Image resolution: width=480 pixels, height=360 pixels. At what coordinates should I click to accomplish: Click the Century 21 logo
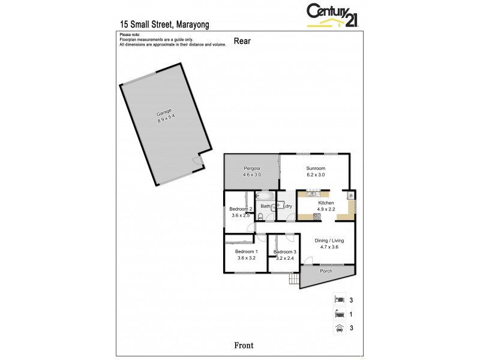[332, 15]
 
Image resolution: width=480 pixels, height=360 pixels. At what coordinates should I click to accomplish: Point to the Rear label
[242, 41]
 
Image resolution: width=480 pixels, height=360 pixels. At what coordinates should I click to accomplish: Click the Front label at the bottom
[244, 345]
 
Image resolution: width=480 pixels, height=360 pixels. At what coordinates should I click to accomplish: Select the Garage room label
[164, 113]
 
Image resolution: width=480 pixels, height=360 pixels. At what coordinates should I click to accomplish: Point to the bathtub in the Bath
[265, 196]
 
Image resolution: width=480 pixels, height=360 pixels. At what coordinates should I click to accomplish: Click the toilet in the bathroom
[260, 217]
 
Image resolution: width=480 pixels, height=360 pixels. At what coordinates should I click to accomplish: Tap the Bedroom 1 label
[246, 251]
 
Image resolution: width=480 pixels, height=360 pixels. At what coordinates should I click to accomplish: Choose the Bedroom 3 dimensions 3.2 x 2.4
[286, 258]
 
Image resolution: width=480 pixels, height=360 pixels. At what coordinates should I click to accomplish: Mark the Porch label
[326, 271]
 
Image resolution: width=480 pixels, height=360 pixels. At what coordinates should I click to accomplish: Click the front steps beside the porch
[293, 280]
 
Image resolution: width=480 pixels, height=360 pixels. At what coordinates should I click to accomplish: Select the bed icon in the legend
[339, 299]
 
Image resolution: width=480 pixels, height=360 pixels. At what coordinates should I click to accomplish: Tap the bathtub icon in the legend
[339, 313]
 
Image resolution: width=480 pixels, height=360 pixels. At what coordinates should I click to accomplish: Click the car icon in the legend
[339, 328]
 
